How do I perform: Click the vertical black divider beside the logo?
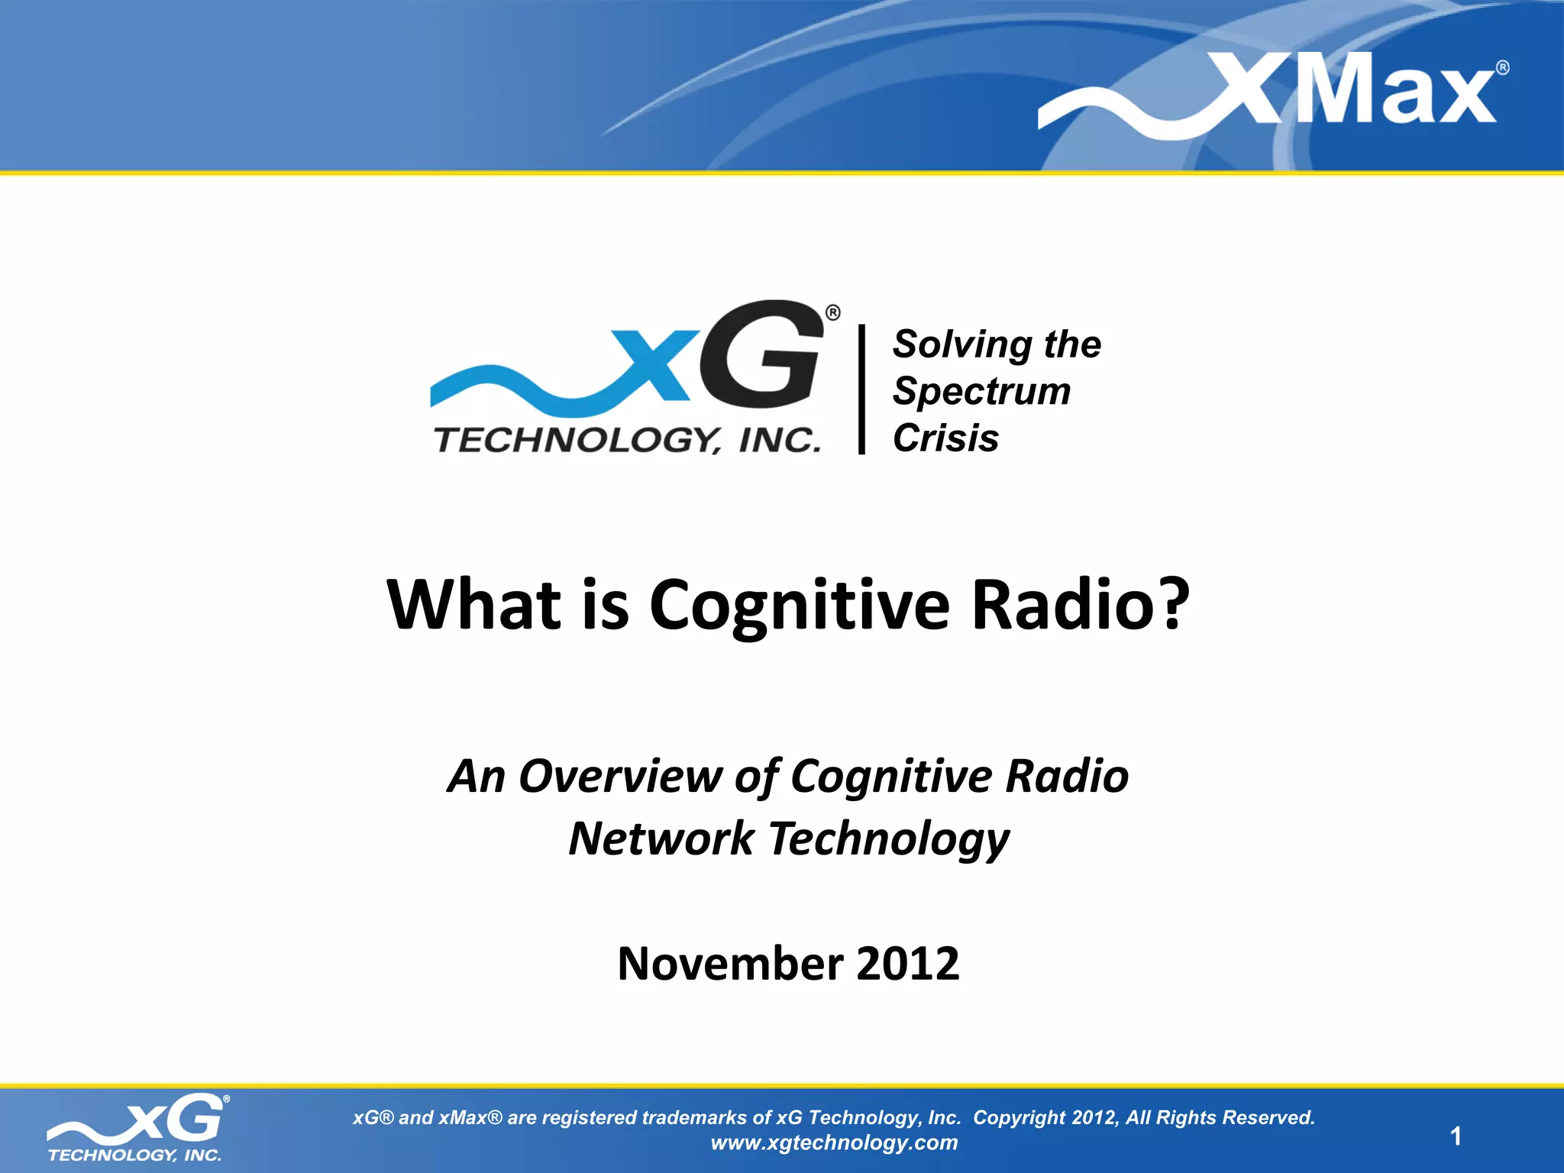[x=861, y=389]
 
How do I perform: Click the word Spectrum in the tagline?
[x=982, y=392]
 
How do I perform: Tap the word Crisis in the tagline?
[x=945, y=438]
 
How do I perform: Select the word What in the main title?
[x=473, y=605]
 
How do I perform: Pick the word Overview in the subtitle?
[x=619, y=777]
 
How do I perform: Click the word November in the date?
[x=729, y=963]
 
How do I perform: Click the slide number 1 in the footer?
[x=1456, y=1136]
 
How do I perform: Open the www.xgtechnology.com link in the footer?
[x=834, y=1142]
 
